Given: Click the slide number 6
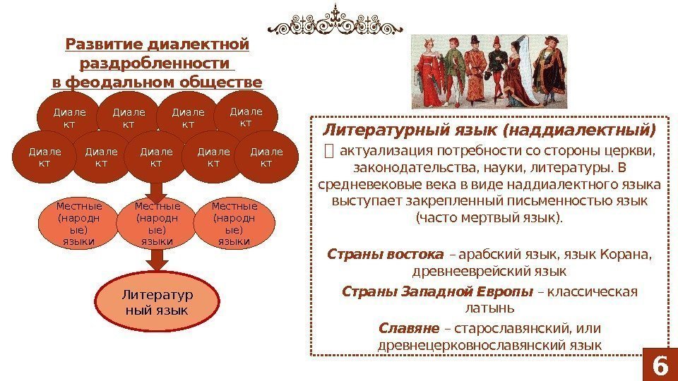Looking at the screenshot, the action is (x=660, y=365).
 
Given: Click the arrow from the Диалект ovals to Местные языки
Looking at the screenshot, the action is (x=157, y=189).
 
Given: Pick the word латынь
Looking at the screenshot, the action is (x=490, y=308).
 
